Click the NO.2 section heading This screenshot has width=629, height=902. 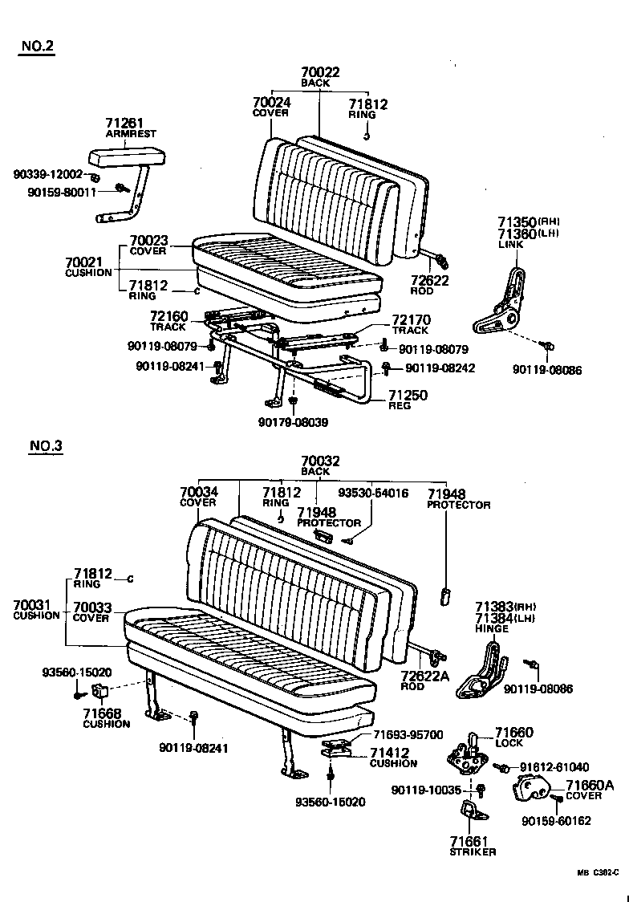(37, 46)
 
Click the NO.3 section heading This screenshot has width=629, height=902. (46, 446)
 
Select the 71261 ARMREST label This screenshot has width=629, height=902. (130, 128)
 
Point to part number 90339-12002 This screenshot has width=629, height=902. (47, 174)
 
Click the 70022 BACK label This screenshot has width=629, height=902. (320, 77)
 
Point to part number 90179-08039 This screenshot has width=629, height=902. (293, 422)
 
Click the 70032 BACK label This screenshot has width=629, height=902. (320, 466)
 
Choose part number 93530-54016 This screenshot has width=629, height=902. (372, 493)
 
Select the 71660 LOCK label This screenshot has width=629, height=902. (513, 737)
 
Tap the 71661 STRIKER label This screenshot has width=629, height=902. (473, 845)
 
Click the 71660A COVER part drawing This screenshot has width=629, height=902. (530, 788)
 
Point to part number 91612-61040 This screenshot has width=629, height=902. (554, 767)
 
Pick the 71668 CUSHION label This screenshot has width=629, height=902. (106, 718)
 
